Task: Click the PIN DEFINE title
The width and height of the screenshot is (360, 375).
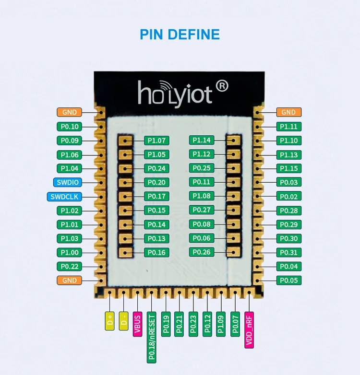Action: pos(180,35)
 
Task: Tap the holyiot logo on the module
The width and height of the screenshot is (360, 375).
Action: pos(176,93)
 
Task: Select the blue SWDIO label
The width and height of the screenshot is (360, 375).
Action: pos(68,182)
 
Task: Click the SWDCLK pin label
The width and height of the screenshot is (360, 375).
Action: pos(64,197)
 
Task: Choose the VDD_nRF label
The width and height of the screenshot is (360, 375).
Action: pos(249,329)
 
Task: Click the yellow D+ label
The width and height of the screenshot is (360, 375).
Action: pos(109,320)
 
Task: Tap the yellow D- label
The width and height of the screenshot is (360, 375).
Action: pos(123,320)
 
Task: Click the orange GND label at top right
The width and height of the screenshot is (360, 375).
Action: pos(288,112)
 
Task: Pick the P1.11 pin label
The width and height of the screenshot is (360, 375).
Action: pos(288,127)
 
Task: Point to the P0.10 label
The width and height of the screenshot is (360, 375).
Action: pos(70,127)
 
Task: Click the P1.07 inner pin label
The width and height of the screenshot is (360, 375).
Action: pos(156,141)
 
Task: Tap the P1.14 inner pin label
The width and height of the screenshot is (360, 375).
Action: pos(202,140)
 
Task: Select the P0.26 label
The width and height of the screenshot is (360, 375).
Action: pos(202,252)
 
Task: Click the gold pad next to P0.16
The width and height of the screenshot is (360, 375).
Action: pos(126,252)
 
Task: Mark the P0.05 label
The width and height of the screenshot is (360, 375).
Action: pos(288,281)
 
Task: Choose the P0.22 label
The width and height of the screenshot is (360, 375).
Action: pos(70,266)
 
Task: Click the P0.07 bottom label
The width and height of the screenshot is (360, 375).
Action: pos(235,324)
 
